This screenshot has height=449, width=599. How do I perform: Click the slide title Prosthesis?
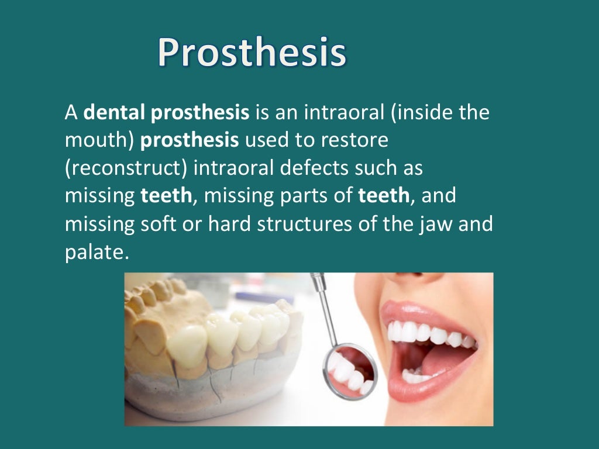(252, 53)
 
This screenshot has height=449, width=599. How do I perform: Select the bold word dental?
(115, 112)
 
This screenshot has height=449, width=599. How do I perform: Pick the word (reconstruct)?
(125, 168)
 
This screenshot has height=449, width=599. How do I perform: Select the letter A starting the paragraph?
(71, 112)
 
